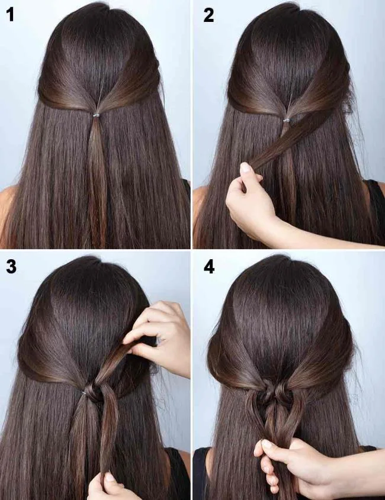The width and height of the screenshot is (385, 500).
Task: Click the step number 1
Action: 9,15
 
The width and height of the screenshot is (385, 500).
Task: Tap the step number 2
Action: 208,15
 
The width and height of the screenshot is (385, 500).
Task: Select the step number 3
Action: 11,267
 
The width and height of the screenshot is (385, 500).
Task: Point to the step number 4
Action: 208,267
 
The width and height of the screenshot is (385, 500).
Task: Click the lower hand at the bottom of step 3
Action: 110,488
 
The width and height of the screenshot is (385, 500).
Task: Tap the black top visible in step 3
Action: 177,473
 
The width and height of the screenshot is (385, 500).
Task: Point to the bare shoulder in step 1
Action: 7,207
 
